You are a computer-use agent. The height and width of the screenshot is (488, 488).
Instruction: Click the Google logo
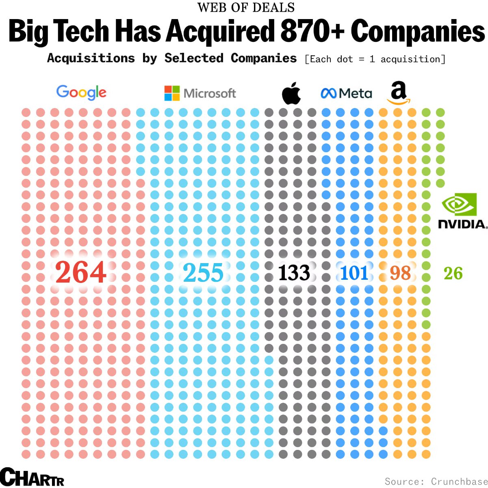[x=81, y=92]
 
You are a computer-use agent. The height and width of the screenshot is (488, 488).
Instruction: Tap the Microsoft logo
[x=200, y=93]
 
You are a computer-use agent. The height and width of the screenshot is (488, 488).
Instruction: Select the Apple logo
[x=291, y=93]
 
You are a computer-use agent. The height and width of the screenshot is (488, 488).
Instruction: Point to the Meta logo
[x=346, y=93]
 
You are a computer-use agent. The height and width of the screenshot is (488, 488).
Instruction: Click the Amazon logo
[x=399, y=93]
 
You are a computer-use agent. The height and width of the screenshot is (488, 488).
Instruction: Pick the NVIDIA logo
[x=462, y=211]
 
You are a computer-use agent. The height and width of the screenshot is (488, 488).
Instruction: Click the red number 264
[x=81, y=272]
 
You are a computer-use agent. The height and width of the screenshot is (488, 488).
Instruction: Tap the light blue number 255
[x=203, y=273]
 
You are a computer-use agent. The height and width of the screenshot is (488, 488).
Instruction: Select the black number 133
[x=294, y=273]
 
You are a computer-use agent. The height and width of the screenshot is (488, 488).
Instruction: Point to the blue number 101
[x=354, y=273]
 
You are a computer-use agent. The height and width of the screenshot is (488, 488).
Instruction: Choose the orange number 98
[x=400, y=273]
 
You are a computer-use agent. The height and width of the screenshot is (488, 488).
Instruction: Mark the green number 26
[x=453, y=273]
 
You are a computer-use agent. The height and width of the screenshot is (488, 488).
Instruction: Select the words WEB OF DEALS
[x=246, y=7]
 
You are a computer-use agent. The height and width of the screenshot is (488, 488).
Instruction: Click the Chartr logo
[x=32, y=477]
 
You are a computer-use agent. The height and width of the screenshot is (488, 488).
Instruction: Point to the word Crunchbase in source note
[x=459, y=482]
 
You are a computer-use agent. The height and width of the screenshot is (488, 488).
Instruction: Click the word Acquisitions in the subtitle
[x=91, y=58]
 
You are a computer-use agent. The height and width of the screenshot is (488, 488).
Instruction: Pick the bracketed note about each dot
[x=375, y=59]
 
